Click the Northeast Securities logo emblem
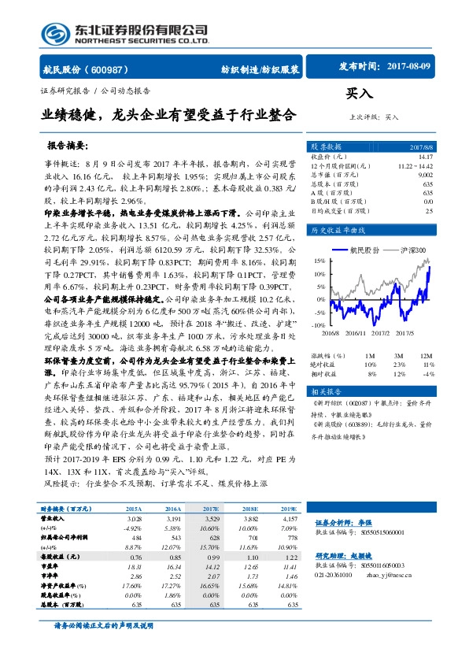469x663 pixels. [57, 33]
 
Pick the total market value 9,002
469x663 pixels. [425, 175]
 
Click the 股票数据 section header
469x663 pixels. [325, 147]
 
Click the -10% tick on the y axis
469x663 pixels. [317, 324]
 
